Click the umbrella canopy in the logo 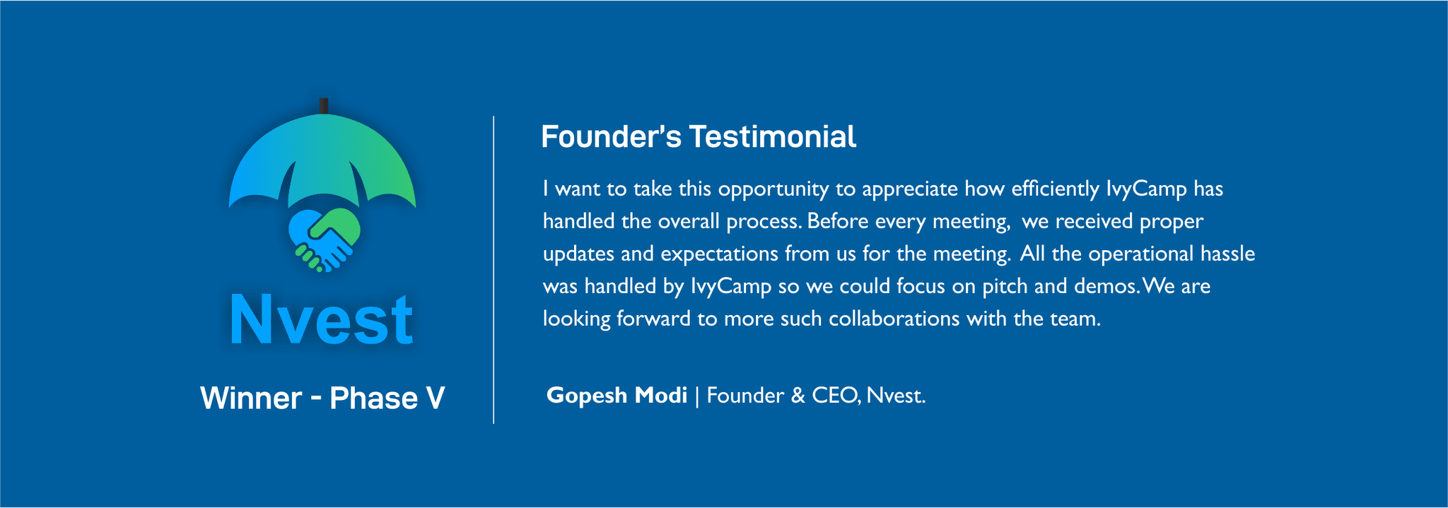click(322, 155)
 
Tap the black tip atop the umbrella click(323, 106)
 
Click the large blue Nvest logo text click(322, 321)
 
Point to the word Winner click(251, 398)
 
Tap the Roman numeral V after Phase click(435, 398)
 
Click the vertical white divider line click(494, 270)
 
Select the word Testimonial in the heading click(773, 137)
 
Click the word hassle click(1227, 253)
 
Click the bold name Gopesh click(587, 396)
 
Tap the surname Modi click(661, 394)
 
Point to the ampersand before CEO click(798, 395)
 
